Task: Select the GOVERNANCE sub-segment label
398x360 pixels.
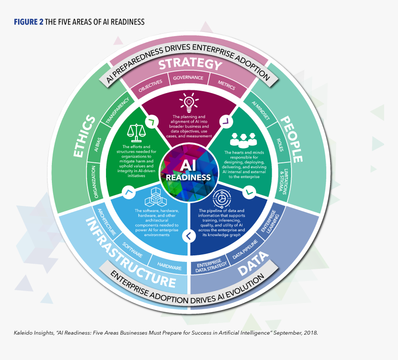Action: [x=188, y=78]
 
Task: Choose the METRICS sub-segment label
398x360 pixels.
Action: [x=226, y=85]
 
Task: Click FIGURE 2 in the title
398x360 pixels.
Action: [x=28, y=22]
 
